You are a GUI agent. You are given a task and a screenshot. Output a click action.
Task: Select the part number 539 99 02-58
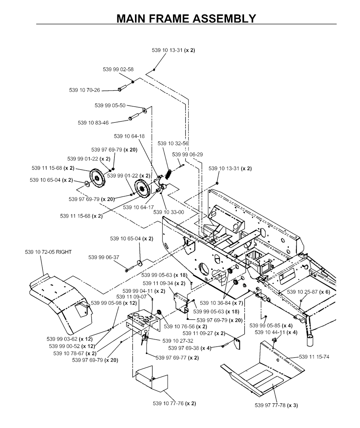click(118, 70)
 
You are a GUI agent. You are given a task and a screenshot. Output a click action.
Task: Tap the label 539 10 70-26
click(84, 90)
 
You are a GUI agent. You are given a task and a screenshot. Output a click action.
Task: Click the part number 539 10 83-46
click(93, 123)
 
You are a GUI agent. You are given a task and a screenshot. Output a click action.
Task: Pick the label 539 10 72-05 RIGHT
click(48, 252)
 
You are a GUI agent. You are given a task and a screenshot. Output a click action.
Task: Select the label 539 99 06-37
click(104, 257)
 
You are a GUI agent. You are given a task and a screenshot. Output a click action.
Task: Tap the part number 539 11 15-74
click(314, 357)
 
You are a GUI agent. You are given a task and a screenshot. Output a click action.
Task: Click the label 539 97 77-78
click(276, 405)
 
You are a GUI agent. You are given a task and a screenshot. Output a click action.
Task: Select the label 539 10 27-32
click(178, 341)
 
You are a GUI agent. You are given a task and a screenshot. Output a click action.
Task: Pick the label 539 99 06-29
click(187, 154)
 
